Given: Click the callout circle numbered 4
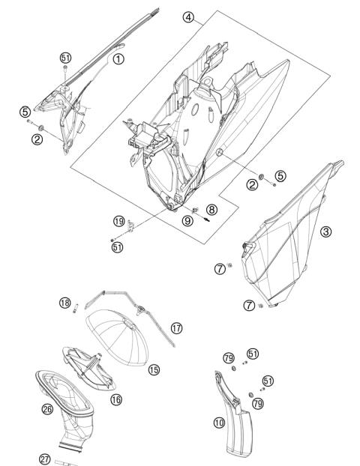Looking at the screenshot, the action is coord(188,17).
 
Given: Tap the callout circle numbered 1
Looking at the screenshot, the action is coord(118,59).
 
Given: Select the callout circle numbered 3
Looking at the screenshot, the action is coord(325,232).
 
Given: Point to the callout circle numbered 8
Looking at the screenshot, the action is coord(211,210).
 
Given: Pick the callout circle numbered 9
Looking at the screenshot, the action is coord(187,220).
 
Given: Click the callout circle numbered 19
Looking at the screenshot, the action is coord(119,221).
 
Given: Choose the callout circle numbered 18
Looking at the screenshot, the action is coord(64,303).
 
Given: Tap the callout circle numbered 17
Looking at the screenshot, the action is coord(176,328).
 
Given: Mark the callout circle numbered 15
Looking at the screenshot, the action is coord(154,369).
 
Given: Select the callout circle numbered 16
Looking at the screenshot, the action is coord(116,399).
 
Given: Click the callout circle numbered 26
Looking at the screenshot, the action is coord(47,409).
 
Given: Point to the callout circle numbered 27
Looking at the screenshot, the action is coord(45,459).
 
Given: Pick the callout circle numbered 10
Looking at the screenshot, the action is coord(219,423).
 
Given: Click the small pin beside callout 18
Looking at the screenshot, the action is coord(76,308).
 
